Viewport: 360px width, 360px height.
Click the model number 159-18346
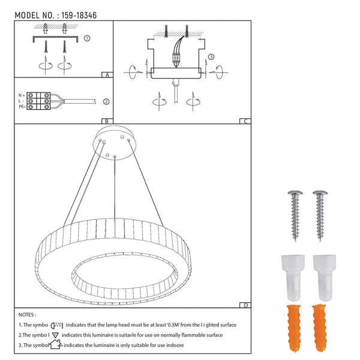tap(79, 16)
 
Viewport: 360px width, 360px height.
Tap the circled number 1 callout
tap(87, 38)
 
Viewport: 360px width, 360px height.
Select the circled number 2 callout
tap(106, 101)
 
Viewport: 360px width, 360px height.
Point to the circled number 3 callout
tap(211, 57)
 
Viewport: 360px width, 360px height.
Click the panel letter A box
tap(107, 75)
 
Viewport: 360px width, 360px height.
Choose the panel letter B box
tap(107, 121)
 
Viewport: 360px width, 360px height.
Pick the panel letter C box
tap(245, 121)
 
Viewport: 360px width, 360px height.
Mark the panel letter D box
tap(245, 305)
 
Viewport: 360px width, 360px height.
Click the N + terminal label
tap(22, 95)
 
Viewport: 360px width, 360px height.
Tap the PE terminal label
tap(22, 107)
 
